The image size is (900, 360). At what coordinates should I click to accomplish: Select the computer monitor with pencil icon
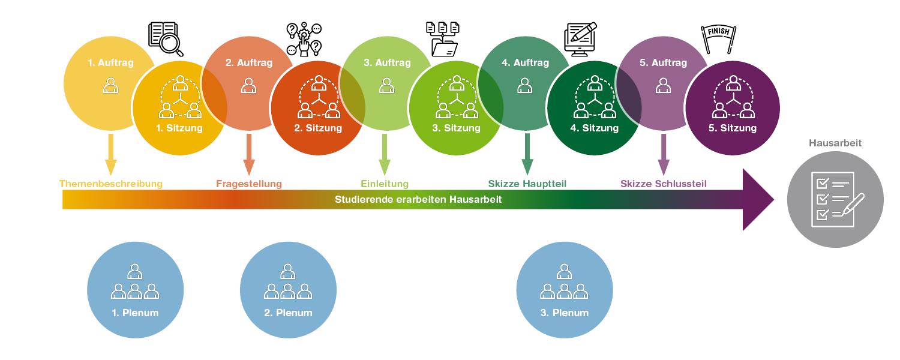click(x=581, y=40)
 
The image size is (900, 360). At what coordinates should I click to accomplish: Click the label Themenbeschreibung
click(x=110, y=184)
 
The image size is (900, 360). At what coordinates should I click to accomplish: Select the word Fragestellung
click(x=249, y=184)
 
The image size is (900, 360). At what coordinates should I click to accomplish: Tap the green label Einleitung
click(x=385, y=184)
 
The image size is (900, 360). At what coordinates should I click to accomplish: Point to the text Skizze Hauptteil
click(x=527, y=184)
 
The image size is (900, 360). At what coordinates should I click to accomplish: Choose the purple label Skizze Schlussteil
click(x=664, y=184)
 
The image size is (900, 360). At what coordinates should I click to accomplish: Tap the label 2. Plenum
click(x=288, y=313)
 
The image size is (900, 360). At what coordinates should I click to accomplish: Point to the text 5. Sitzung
click(x=733, y=128)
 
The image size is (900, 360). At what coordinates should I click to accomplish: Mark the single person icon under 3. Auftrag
click(x=387, y=86)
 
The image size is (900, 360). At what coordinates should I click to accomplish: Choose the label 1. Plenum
click(x=135, y=313)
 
